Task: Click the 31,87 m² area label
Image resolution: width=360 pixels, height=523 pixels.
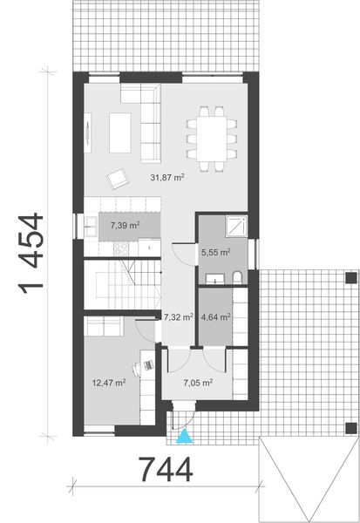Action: coord(166,178)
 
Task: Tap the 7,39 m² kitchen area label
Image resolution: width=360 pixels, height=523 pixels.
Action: coord(126,226)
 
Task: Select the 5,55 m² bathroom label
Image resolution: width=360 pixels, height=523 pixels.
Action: coord(216,253)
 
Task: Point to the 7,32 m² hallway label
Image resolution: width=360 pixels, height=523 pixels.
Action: coord(179,318)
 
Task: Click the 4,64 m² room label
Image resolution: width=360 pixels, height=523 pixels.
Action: coord(216,318)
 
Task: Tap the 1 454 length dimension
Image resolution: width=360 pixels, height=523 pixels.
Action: coord(32,254)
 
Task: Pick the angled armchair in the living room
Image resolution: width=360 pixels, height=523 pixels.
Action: coord(116,180)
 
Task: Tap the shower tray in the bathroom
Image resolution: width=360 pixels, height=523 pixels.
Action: coord(235,227)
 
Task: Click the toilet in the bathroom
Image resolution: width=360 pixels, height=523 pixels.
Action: coord(238,277)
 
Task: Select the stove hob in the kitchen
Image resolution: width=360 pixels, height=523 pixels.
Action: coord(123,248)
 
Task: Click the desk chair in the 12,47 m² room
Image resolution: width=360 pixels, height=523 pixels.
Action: coord(148,357)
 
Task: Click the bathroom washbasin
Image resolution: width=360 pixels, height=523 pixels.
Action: coord(215,278)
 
